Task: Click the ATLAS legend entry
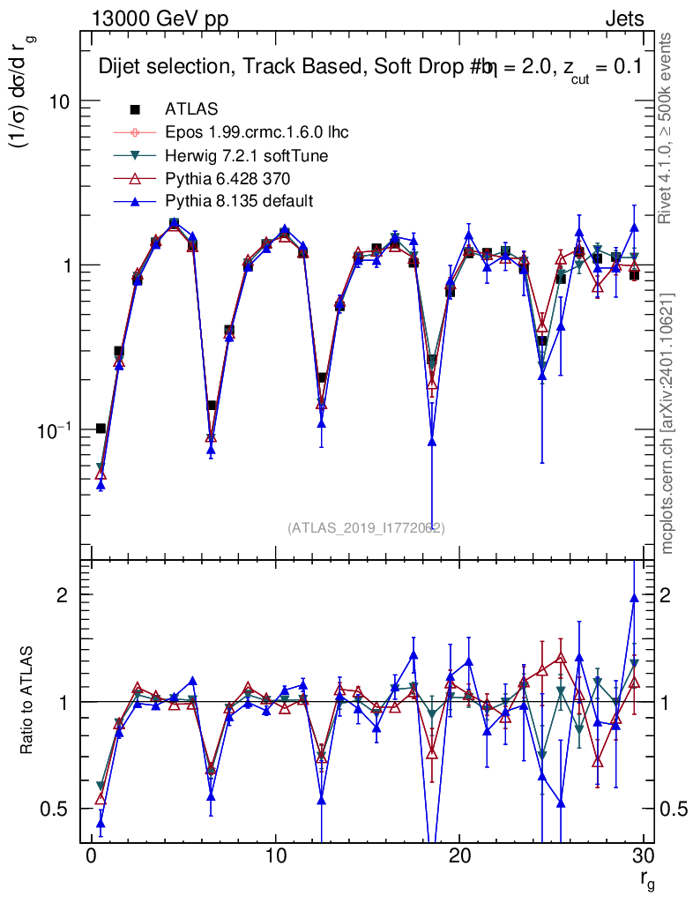[x=191, y=108]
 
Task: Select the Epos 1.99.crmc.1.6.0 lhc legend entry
[x=257, y=132]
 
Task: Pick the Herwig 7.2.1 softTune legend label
[x=246, y=155]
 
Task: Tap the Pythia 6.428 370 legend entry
[x=227, y=178]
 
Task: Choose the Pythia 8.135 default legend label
[x=239, y=201]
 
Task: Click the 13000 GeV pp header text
[x=160, y=19]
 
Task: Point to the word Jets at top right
[x=624, y=19]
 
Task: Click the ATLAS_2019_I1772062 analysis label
[x=366, y=527]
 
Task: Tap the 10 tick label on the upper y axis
[x=57, y=102]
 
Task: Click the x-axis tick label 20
[x=458, y=855]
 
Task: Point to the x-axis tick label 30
[x=643, y=855]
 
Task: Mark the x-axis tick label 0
[x=90, y=855]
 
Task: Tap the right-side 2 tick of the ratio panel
[x=666, y=595]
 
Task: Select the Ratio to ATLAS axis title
[x=26, y=700]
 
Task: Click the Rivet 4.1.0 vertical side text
[x=665, y=129]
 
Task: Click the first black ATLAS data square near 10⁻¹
[x=101, y=428]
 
